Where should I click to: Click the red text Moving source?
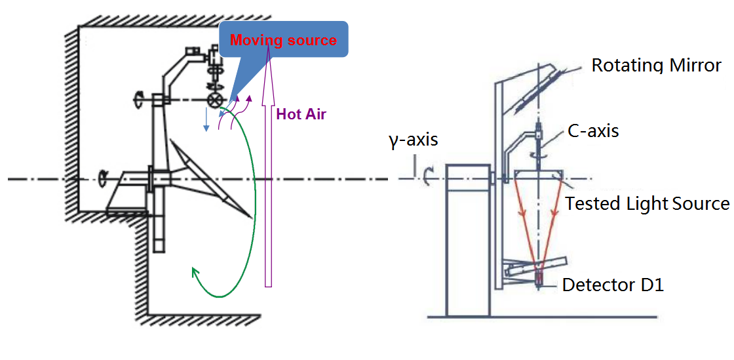tap(283, 41)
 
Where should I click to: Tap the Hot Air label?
tap(301, 114)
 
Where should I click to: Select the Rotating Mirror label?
tap(656, 66)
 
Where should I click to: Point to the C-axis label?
tap(594, 130)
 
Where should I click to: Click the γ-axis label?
tap(413, 140)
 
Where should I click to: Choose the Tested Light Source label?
tap(647, 203)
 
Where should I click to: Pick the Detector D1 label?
tap(613, 285)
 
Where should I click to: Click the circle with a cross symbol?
tap(214, 100)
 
